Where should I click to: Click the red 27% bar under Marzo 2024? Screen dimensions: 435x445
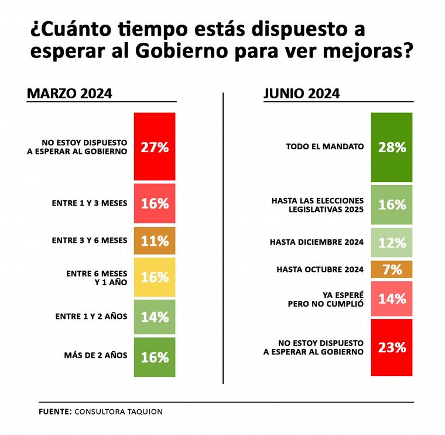tap(155, 146)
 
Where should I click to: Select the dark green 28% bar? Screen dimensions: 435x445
tap(392, 146)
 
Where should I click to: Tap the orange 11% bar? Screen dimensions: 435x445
tap(155, 241)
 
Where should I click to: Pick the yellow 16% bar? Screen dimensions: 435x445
tap(155, 277)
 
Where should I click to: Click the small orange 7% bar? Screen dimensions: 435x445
tap(392, 269)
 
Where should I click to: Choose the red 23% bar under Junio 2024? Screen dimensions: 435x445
tap(392, 347)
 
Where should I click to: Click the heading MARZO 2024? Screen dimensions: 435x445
tap(70, 94)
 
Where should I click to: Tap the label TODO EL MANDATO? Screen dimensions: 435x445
tap(324, 146)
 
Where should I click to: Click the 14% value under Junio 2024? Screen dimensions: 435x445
tap(392, 299)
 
